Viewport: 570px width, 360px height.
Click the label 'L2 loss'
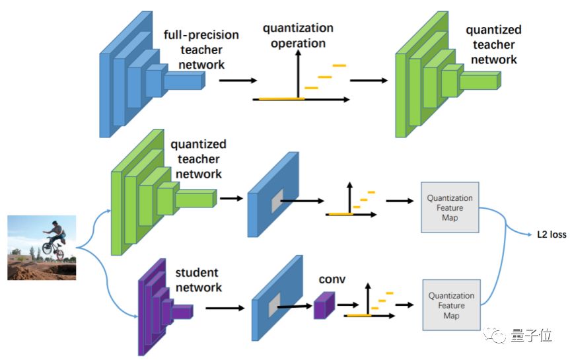click(552, 234)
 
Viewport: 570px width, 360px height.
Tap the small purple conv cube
click(324, 305)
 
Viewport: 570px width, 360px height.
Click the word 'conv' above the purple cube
click(332, 279)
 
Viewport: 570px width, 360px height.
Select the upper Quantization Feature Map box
click(450, 207)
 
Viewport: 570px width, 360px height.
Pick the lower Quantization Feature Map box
click(451, 305)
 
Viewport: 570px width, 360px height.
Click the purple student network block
click(165, 307)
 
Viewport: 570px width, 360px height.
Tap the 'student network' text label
click(198, 280)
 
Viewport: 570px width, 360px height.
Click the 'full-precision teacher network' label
click(201, 50)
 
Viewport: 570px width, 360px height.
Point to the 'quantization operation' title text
click(298, 35)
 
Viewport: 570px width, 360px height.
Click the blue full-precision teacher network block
click(153, 74)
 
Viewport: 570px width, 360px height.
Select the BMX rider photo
click(42, 248)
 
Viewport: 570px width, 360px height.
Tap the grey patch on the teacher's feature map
click(277, 201)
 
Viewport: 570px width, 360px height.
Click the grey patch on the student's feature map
click(275, 305)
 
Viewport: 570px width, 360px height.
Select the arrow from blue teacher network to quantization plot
click(238, 81)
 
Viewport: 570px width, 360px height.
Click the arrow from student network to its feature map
click(225, 308)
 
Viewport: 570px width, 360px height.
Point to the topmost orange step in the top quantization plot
click(339, 65)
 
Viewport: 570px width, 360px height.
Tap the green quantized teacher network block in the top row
click(448, 74)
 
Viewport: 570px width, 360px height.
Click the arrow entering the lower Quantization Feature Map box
click(404, 305)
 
